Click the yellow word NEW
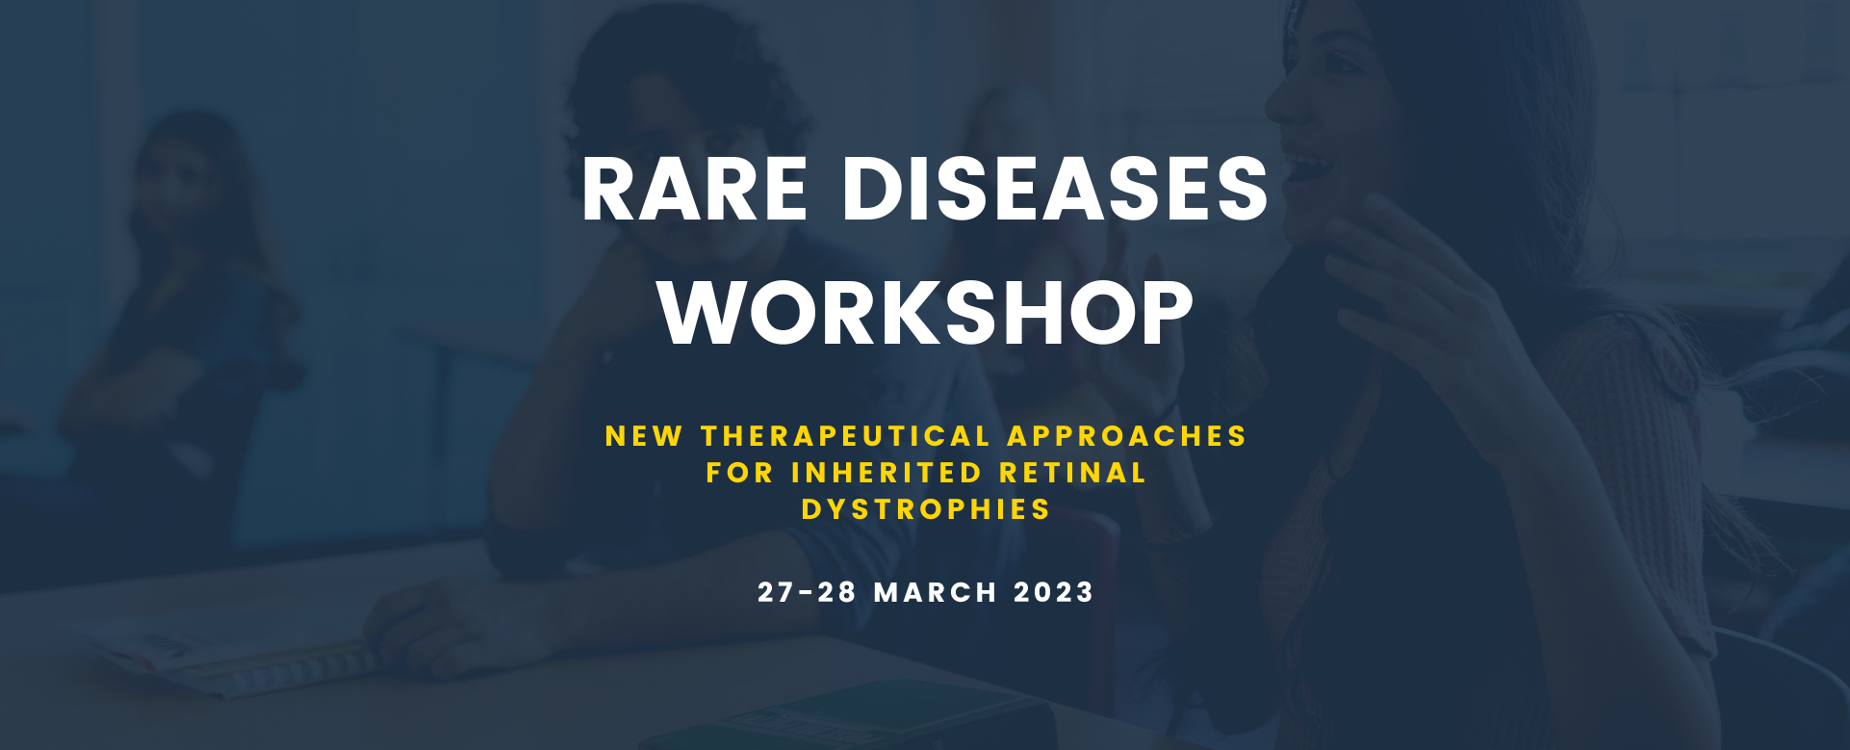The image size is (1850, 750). click(644, 436)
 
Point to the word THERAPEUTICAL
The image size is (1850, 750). click(846, 436)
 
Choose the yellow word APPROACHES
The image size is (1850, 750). click(1127, 436)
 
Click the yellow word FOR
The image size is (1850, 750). click(739, 473)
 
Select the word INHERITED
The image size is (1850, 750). click(886, 473)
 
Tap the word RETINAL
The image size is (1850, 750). click(1073, 473)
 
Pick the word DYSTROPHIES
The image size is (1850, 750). click(926, 509)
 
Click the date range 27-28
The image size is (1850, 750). click(807, 592)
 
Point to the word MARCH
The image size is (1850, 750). click(936, 592)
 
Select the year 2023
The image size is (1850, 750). click(1054, 592)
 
